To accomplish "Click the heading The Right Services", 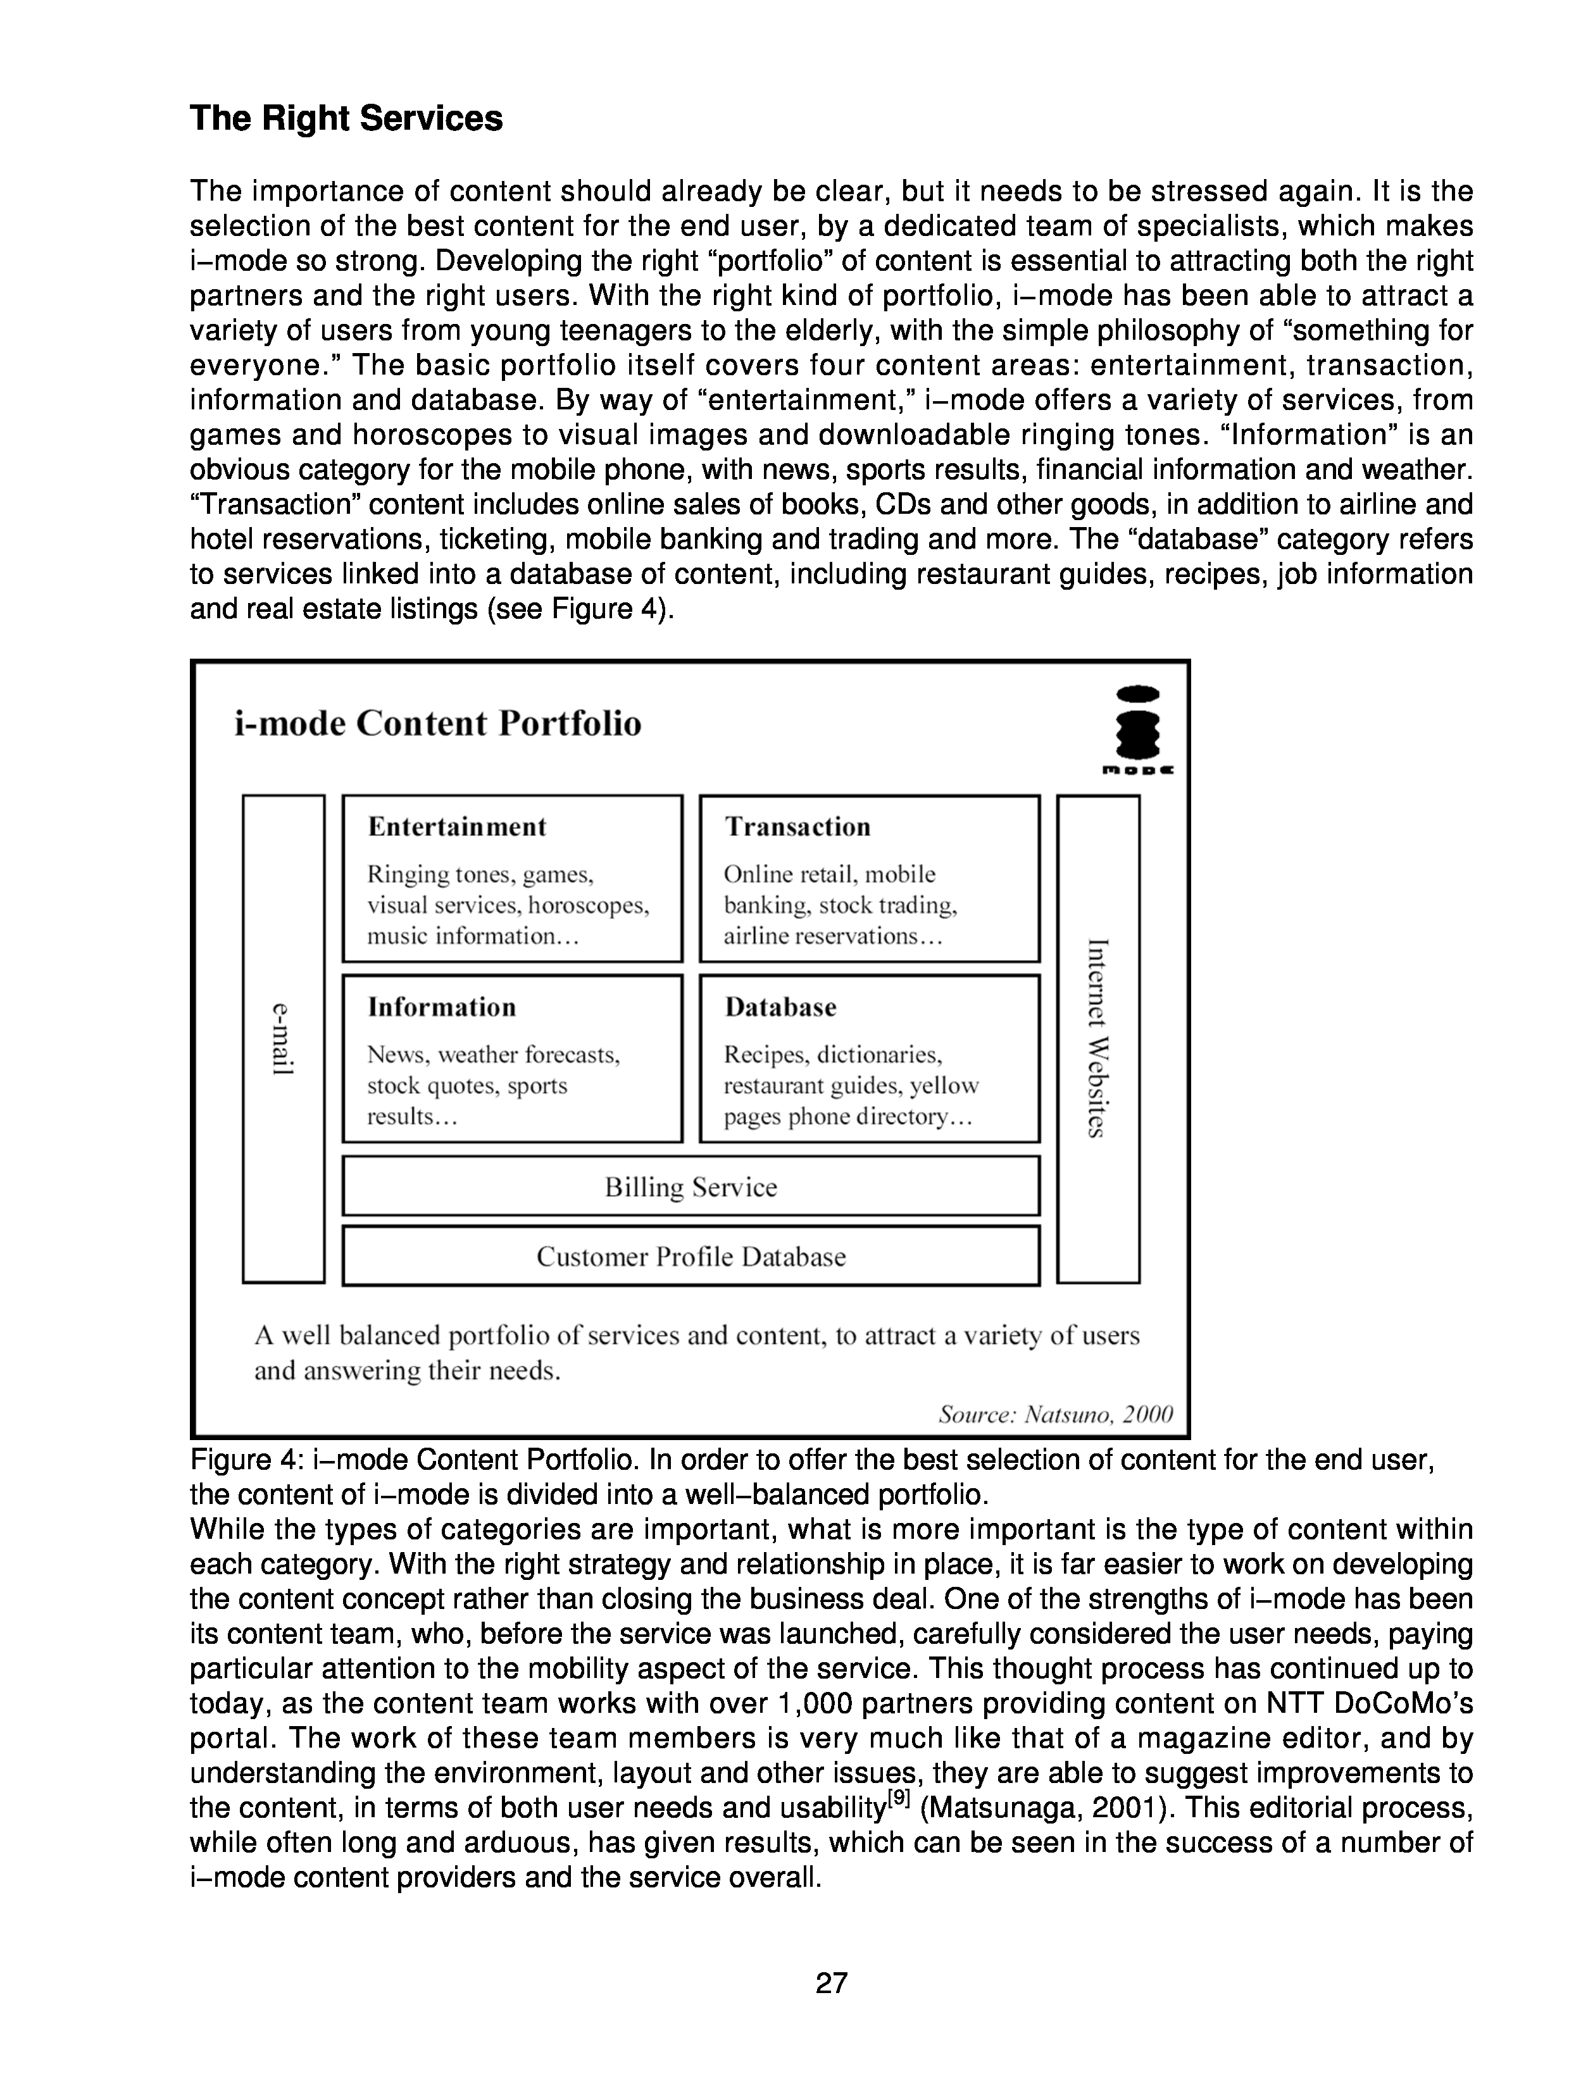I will pos(346,119).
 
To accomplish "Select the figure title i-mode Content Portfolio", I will pos(437,724).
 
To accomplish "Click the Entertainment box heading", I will pos(457,827).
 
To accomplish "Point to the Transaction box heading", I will pos(797,827).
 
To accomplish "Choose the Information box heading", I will pos(442,1007).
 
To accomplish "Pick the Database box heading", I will pos(781,1007).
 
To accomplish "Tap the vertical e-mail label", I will pos(283,1038).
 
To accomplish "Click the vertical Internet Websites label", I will pos(1097,1038).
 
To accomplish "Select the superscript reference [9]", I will pos(897,1798).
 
